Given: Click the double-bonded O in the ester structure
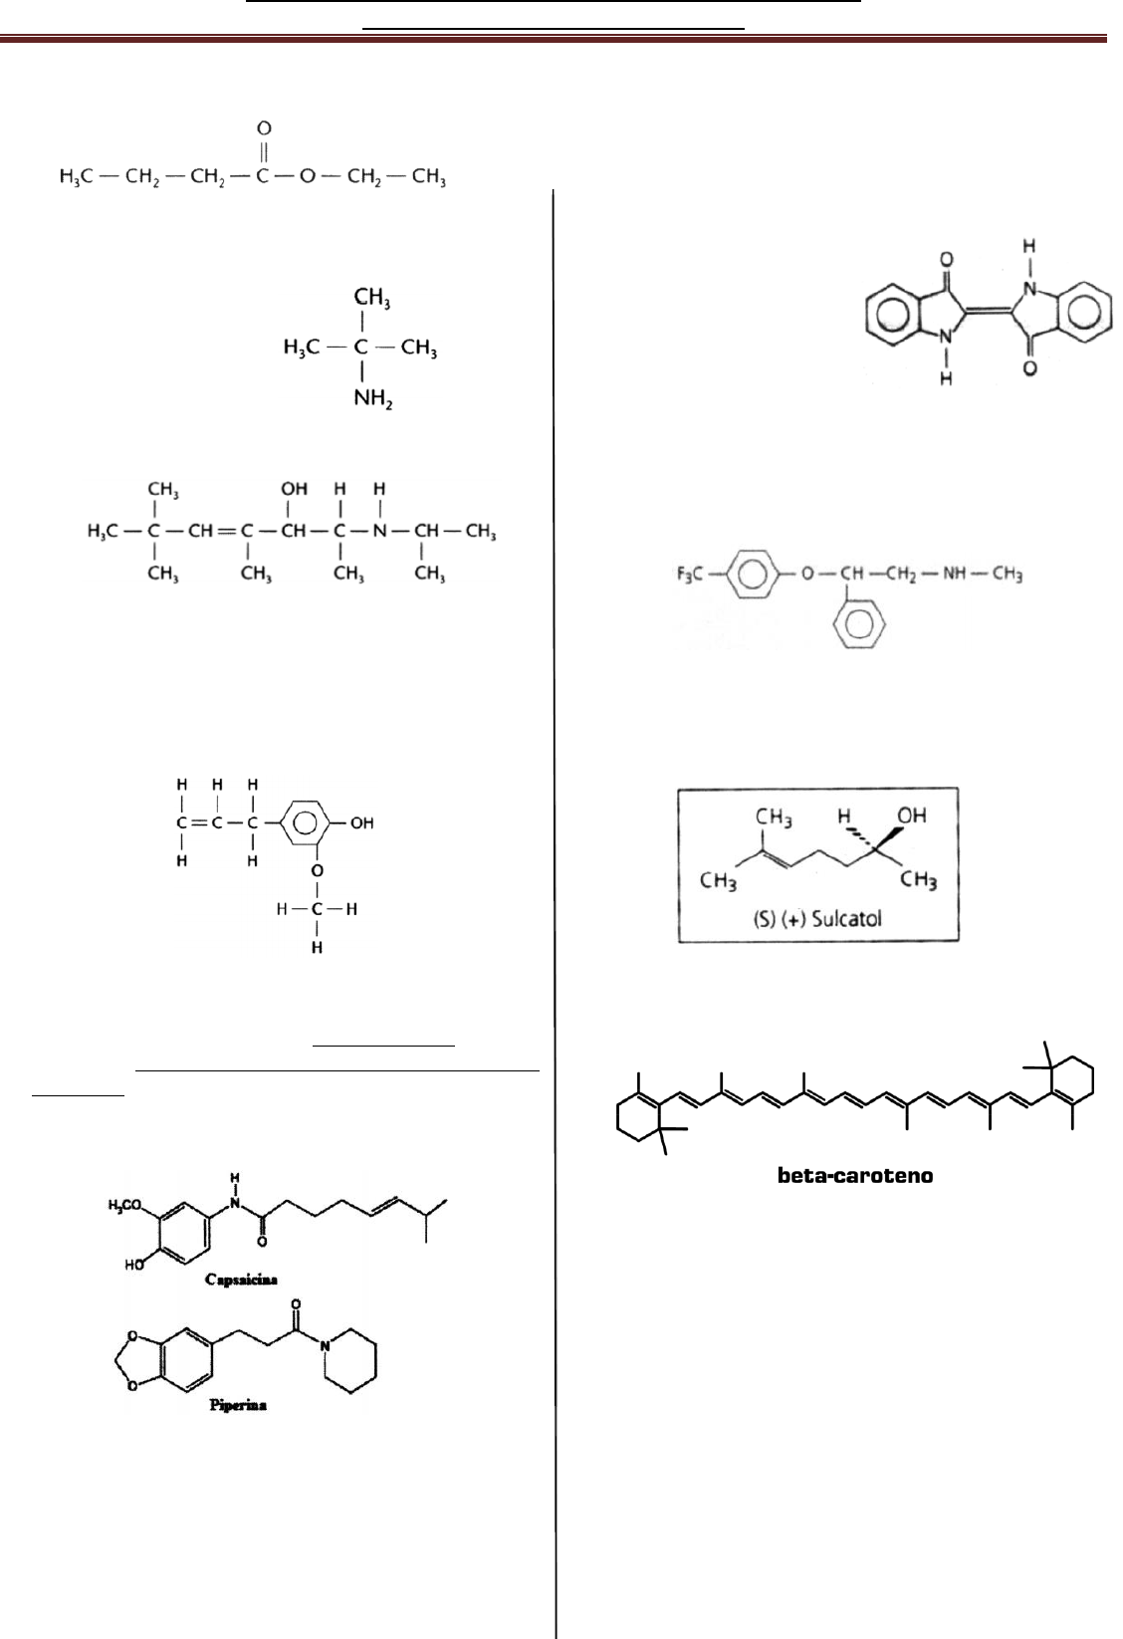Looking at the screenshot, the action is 265,128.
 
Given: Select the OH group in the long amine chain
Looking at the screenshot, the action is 294,490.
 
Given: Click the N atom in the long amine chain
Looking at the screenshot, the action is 379,532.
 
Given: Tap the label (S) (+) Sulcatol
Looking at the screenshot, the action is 816,918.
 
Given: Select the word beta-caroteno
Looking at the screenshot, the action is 855,1176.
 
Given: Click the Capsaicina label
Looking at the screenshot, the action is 232,1276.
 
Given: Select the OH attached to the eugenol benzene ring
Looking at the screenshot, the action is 361,823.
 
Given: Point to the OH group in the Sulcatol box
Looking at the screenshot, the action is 912,816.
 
